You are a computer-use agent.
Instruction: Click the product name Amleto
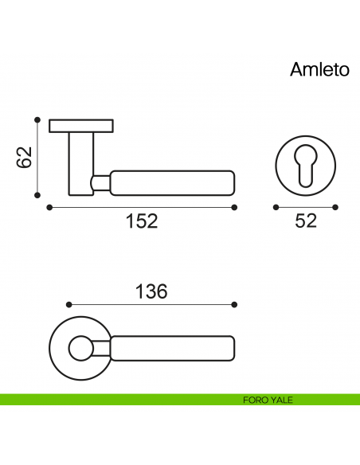[319, 70]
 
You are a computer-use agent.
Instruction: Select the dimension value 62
[25, 158]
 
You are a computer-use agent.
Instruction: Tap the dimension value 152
[142, 221]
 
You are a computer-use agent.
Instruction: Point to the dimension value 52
[305, 221]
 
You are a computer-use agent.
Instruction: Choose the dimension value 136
[151, 291]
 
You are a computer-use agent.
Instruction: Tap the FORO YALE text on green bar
[268, 400]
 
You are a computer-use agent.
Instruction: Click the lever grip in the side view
[172, 182]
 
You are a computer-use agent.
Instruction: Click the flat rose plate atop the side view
[81, 126]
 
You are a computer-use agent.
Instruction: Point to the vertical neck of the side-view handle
[80, 163]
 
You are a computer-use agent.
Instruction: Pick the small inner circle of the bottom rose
[79, 349]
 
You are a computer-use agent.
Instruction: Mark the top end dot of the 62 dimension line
[37, 120]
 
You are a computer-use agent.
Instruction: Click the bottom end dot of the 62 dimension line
[37, 195]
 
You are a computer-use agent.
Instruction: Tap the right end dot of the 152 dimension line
[235, 207]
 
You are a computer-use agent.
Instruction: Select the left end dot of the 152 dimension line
[49, 207]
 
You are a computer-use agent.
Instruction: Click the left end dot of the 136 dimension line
[68, 305]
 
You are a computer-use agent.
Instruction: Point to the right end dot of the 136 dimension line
[235, 305]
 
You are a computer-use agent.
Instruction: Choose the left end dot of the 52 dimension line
[274, 207]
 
